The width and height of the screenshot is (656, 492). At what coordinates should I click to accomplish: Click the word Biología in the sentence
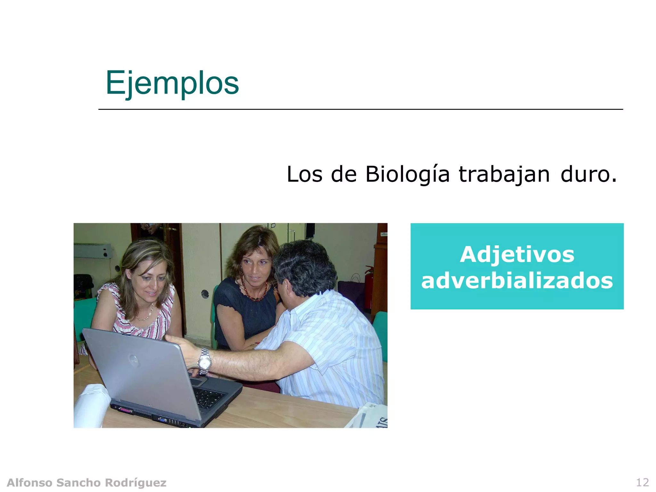(407, 175)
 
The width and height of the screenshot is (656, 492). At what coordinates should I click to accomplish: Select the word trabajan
(504, 175)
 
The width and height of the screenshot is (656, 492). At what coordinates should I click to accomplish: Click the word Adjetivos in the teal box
(517, 255)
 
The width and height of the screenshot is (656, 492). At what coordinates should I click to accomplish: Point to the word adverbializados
(517, 281)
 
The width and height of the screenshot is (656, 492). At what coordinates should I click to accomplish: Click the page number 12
(642, 482)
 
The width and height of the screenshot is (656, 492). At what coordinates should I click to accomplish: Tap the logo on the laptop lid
(134, 360)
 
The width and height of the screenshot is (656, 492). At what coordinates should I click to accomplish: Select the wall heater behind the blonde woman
(93, 251)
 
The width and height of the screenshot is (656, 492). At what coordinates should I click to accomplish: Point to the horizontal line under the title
(360, 109)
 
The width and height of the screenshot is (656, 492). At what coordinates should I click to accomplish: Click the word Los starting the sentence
(304, 175)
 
